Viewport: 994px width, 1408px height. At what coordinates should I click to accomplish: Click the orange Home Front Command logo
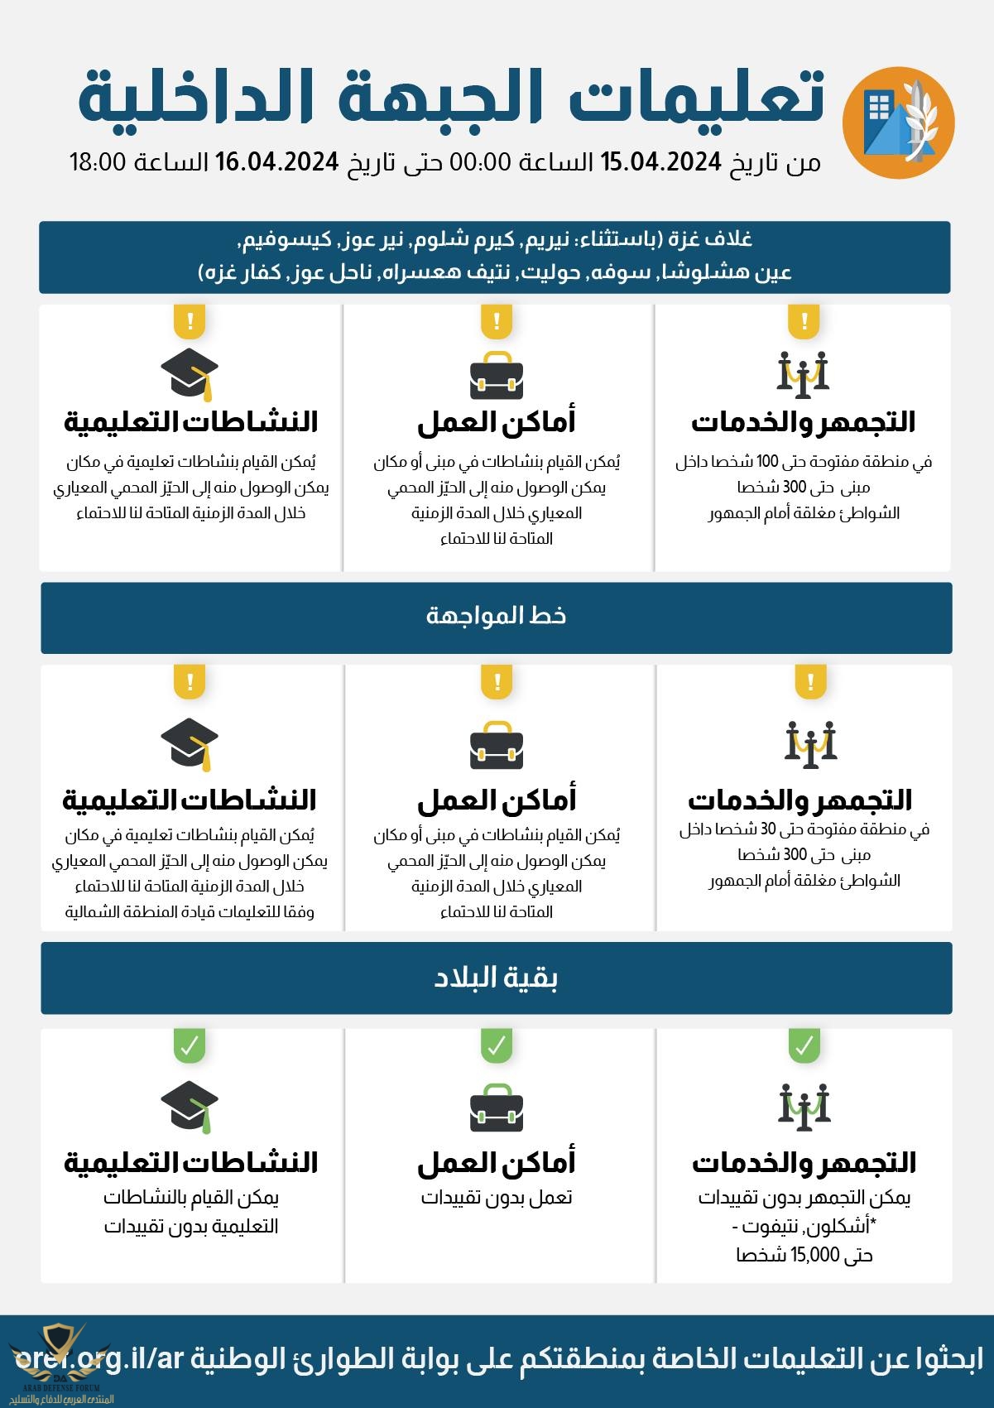[898, 123]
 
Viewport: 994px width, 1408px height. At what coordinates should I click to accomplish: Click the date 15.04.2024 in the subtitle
[660, 161]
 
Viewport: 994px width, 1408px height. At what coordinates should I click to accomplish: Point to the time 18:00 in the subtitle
[97, 161]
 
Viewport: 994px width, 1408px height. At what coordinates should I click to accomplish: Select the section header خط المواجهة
[497, 616]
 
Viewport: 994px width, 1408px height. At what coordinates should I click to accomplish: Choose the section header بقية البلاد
[497, 978]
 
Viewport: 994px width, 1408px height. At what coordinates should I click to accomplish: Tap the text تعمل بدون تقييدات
[497, 1198]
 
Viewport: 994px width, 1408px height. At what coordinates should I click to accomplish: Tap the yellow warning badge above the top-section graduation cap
[190, 320]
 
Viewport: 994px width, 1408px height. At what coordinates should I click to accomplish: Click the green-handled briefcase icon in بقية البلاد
[497, 1107]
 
